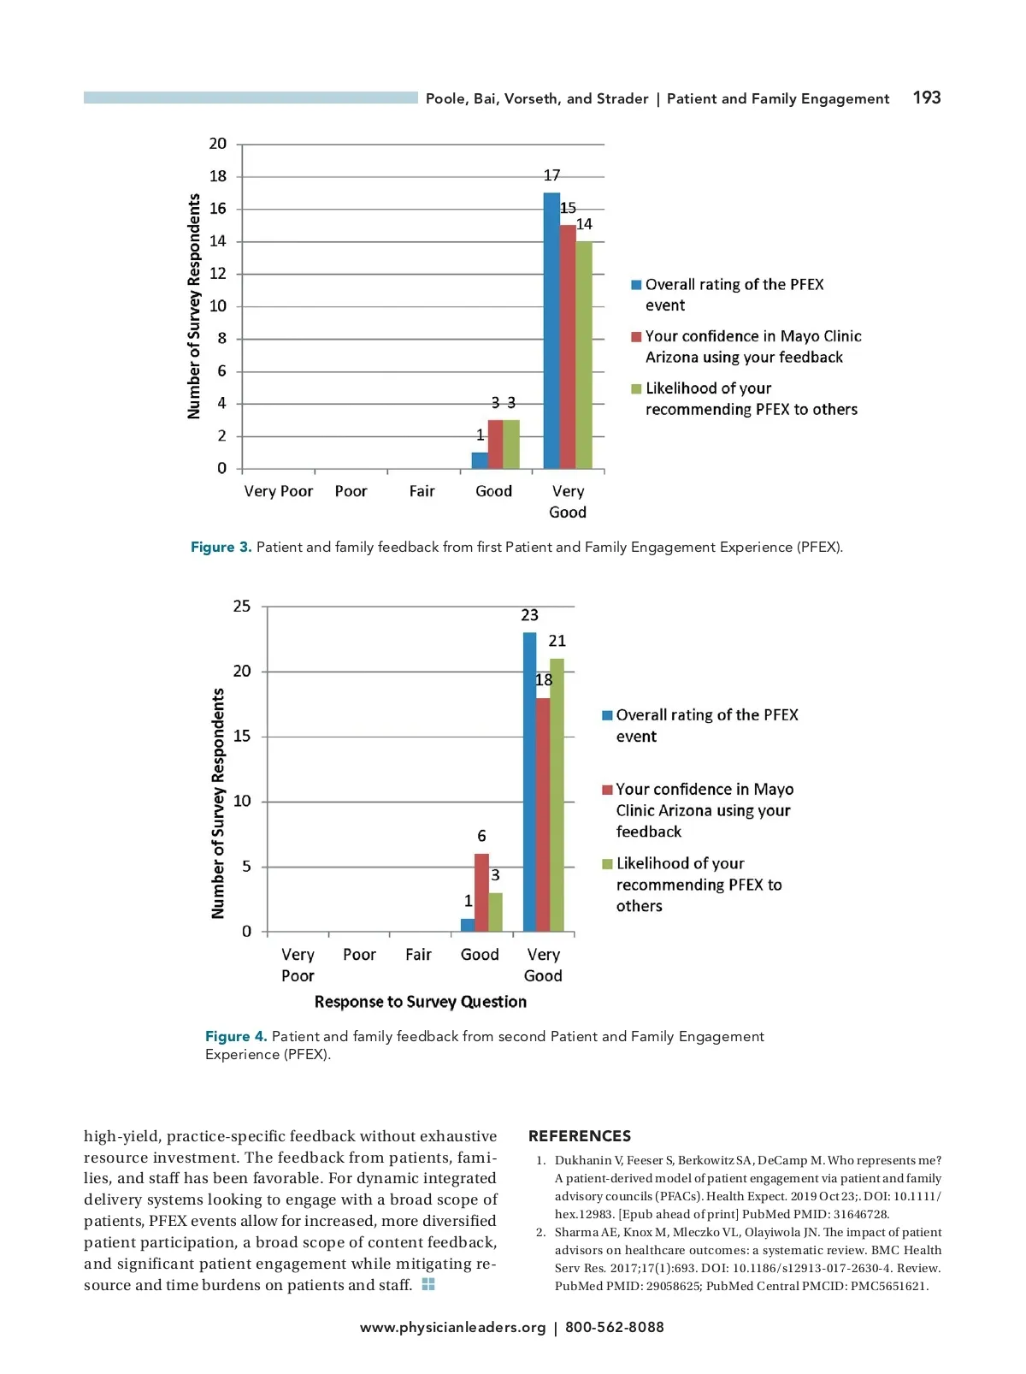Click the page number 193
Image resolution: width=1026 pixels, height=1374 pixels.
point(926,98)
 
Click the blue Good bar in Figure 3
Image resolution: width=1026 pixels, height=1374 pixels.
point(480,460)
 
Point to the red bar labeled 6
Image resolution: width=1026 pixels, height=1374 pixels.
point(481,892)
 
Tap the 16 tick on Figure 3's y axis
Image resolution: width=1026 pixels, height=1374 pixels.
point(218,209)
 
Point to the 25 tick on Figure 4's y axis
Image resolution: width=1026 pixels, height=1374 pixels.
point(242,607)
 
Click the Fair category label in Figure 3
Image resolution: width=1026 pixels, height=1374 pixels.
point(422,491)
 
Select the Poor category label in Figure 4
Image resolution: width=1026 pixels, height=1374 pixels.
point(359,955)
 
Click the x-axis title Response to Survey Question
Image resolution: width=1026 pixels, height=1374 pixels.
point(420,1002)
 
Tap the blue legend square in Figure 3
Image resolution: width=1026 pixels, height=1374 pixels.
point(636,285)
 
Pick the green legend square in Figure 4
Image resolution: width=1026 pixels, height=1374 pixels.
point(607,864)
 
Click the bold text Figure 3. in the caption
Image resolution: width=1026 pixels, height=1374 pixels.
point(221,548)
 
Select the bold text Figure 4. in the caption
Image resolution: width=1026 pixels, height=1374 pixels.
point(236,1037)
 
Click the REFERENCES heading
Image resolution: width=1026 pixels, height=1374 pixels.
point(579,1136)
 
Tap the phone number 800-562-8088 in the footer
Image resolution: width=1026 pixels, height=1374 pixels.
point(614,1328)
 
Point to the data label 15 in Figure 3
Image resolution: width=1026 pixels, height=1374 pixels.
point(568,208)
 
